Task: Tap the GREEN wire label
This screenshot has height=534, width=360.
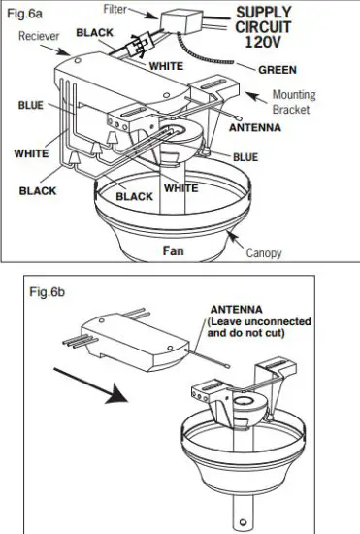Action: click(278, 70)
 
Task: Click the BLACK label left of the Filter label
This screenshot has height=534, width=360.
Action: click(96, 32)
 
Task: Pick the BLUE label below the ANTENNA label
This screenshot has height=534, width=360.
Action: click(245, 155)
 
